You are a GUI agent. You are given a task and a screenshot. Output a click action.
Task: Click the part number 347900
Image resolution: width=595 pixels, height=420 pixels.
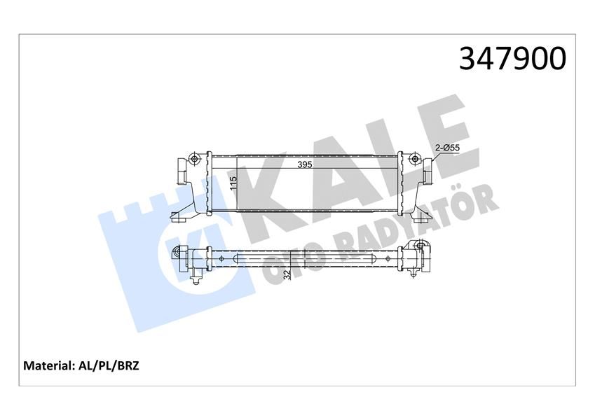(x=512, y=59)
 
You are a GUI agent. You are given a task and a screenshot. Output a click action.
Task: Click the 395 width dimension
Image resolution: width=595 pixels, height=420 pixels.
(x=303, y=165)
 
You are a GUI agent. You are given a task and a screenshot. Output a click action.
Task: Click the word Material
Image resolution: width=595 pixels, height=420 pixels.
(x=49, y=365)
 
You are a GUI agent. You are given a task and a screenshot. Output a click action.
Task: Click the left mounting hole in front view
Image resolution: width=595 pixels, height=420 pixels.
(x=196, y=161)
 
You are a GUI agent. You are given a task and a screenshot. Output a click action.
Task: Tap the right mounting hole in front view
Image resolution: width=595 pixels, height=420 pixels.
(x=416, y=161)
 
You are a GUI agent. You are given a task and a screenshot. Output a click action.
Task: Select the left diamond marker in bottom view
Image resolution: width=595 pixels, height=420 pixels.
(x=222, y=258)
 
